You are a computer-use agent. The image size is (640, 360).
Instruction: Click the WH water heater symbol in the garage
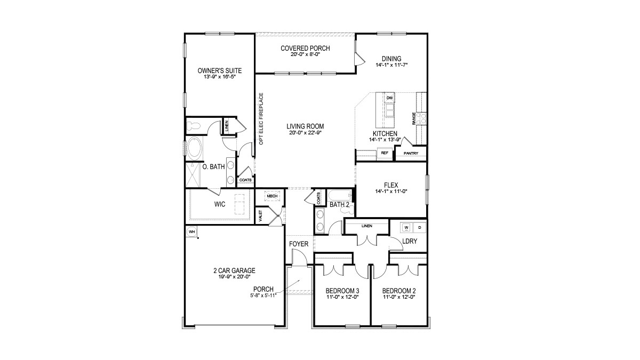coord(191,231)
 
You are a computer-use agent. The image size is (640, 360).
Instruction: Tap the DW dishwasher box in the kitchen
coord(389,98)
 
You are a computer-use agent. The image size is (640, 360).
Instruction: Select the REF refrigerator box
coord(385,153)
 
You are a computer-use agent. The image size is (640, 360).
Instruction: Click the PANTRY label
coord(411,154)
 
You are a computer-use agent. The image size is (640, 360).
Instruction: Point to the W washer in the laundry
coord(406,228)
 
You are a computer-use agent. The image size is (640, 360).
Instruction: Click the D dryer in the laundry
coord(420,228)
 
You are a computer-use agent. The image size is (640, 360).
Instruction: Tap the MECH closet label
coord(272,196)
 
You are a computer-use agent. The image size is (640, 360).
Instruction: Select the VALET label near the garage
coord(260,216)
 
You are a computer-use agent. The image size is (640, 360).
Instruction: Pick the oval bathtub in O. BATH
coord(195,148)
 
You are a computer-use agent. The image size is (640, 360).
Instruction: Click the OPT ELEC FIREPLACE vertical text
coord(261,118)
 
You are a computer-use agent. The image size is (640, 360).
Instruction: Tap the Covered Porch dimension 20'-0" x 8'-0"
coord(305,54)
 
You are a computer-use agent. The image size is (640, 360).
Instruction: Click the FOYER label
coord(299,244)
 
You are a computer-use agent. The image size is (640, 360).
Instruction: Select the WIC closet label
coord(219,204)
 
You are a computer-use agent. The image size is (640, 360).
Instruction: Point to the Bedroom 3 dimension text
coord(342,297)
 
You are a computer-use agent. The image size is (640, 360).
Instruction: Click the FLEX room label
coord(391,185)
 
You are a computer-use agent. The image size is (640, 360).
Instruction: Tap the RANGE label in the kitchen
coord(414,118)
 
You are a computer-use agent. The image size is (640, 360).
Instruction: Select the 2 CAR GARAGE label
coord(234,270)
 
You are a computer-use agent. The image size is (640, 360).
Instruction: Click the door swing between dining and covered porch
coord(359,59)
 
